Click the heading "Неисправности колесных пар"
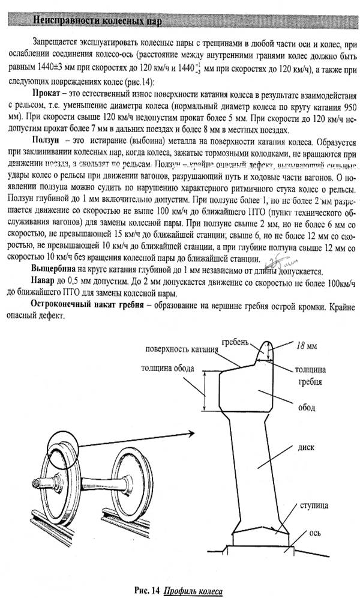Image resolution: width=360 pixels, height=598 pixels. click(x=100, y=22)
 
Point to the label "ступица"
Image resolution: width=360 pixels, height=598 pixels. click(x=316, y=506)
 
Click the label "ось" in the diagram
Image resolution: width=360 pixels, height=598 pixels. click(x=317, y=533)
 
